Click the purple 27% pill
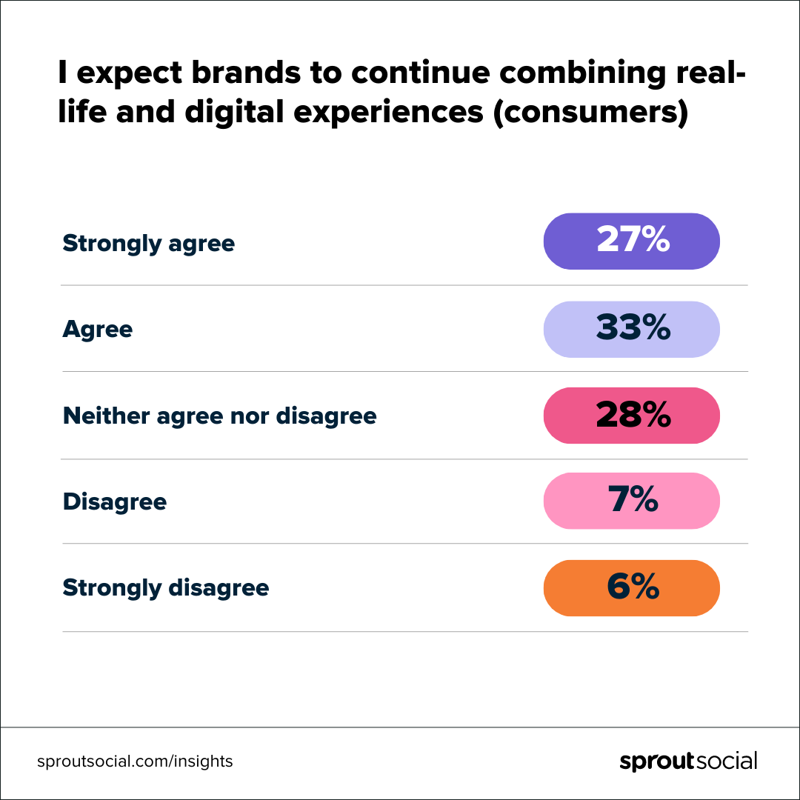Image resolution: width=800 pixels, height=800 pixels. (631, 241)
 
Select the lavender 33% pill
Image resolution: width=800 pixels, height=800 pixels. (631, 329)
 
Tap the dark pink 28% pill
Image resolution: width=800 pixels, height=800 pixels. (631, 416)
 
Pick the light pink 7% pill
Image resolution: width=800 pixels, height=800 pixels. (631, 501)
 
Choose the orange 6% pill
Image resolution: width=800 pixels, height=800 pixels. (631, 588)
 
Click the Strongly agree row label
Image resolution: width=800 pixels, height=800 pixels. (148, 244)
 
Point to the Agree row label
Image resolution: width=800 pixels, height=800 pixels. (97, 330)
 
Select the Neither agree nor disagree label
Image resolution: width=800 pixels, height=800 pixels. (219, 416)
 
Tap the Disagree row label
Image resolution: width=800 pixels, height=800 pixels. (114, 502)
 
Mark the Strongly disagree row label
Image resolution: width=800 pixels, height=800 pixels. (165, 588)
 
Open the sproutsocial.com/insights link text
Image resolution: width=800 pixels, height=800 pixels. (135, 761)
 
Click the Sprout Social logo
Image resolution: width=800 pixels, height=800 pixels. (688, 761)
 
